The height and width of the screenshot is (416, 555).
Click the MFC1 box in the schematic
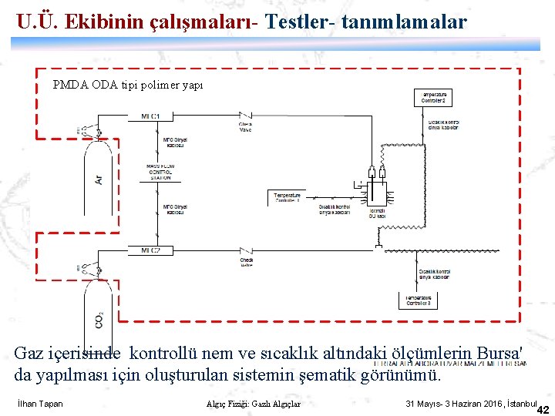[150, 116]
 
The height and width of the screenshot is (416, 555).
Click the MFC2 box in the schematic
[150, 250]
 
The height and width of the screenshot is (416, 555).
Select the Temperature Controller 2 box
[433, 98]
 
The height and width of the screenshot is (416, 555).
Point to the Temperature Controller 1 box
[288, 198]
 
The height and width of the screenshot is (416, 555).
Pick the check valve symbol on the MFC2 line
[246, 252]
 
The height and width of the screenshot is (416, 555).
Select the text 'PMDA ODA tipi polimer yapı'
[128, 85]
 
